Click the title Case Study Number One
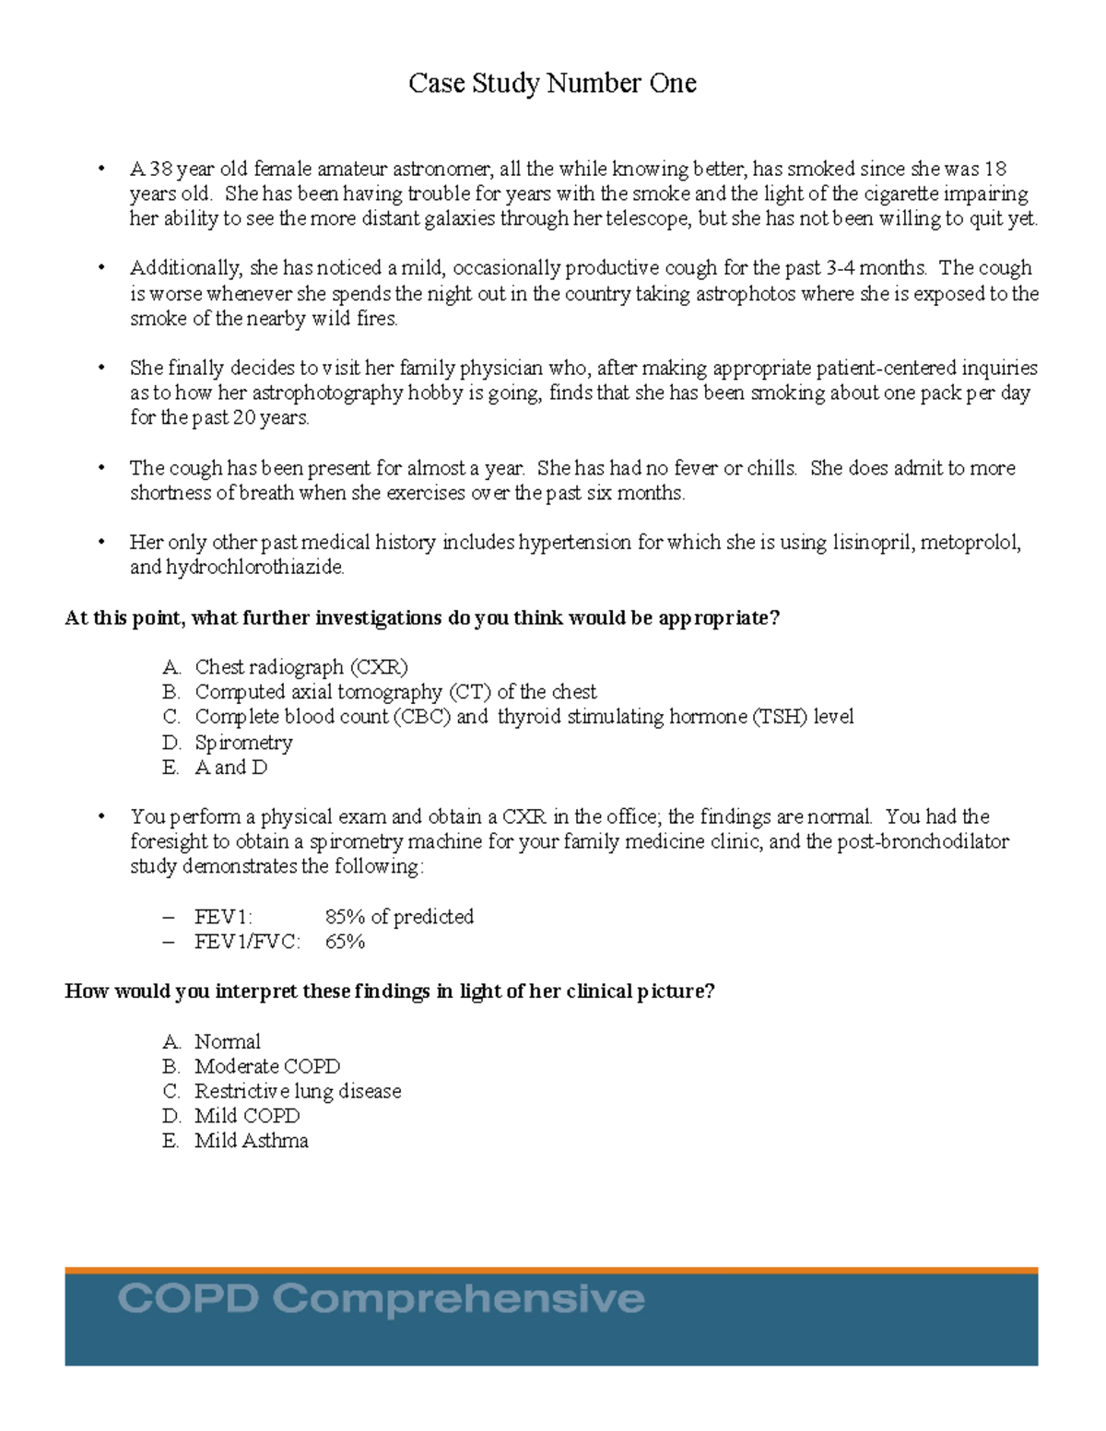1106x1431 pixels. pos(552,84)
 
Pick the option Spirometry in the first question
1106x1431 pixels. pos(243,743)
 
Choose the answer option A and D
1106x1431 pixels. pos(230,768)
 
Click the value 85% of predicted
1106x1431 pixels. pos(399,917)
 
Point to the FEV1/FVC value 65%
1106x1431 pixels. pos(345,942)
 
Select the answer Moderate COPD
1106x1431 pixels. pos(267,1067)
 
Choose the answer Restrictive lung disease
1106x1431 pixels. pos(298,1092)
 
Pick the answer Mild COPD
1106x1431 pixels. pos(247,1117)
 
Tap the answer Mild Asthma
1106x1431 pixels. pos(251,1142)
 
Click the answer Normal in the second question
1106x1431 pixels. pos(228,1042)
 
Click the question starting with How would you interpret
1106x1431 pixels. pos(390,991)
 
